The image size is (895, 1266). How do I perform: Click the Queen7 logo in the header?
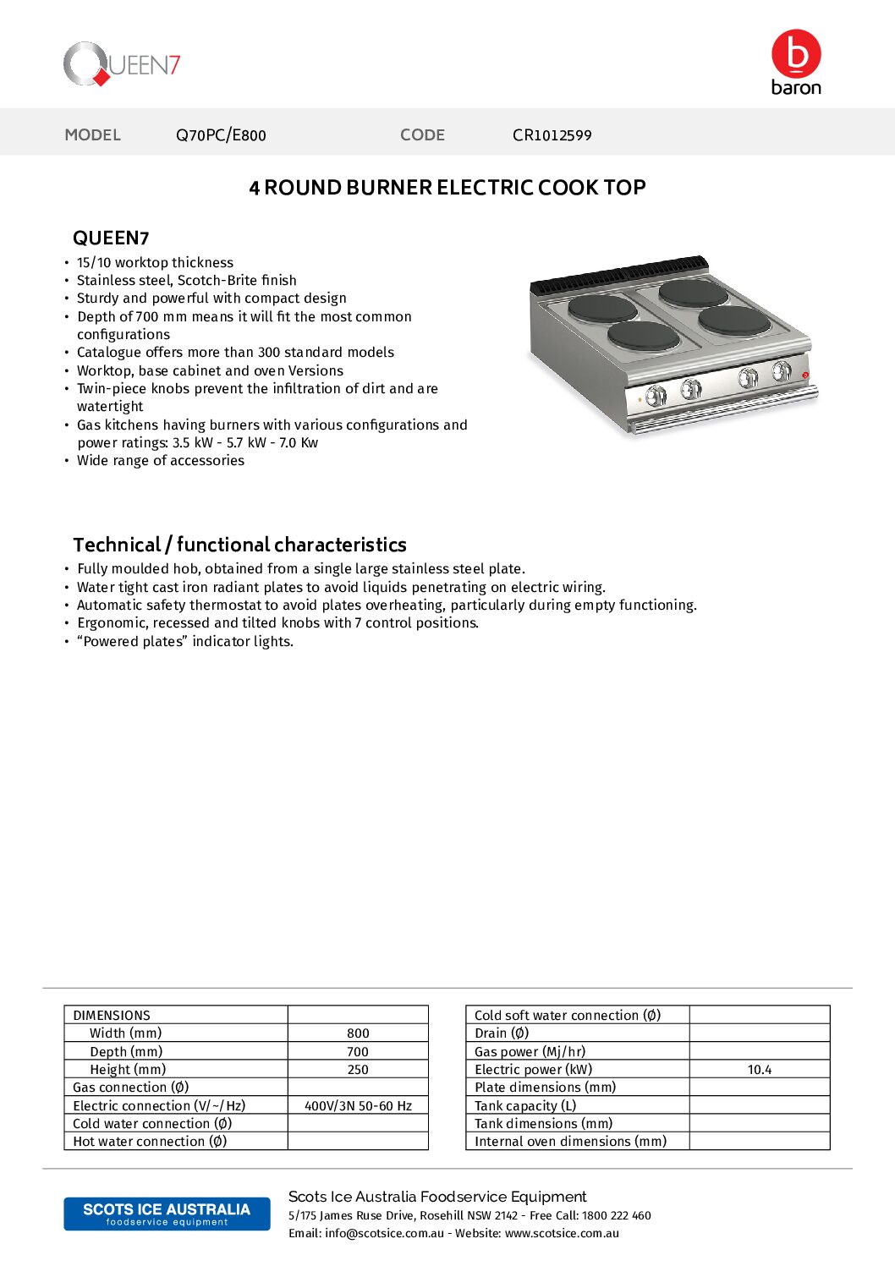[x=122, y=64]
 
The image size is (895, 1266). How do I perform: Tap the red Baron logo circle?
[x=796, y=53]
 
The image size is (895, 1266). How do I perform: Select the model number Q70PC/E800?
[x=221, y=135]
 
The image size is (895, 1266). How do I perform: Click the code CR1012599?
[x=552, y=135]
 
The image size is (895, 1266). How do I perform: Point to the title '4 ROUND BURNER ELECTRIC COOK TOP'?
[x=447, y=188]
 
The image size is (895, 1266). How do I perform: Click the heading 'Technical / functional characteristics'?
[x=239, y=545]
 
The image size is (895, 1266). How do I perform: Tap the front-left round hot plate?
[x=643, y=337]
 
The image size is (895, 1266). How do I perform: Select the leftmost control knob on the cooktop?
[x=656, y=395]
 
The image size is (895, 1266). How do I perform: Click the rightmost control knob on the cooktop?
[x=782, y=370]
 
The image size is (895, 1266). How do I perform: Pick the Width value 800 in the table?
[x=358, y=1033]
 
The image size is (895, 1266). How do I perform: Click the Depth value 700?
[x=358, y=1052]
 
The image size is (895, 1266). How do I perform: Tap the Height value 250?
[x=358, y=1070]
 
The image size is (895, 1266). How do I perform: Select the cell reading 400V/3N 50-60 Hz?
[x=358, y=1106]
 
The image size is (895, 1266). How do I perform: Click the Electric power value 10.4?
[x=759, y=1070]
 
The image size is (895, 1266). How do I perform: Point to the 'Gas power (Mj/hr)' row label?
[x=530, y=1052]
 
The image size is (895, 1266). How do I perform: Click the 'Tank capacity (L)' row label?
[x=525, y=1106]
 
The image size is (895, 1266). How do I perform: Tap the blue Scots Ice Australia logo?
[x=167, y=1214]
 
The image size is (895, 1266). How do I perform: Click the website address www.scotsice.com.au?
[x=562, y=1234]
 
